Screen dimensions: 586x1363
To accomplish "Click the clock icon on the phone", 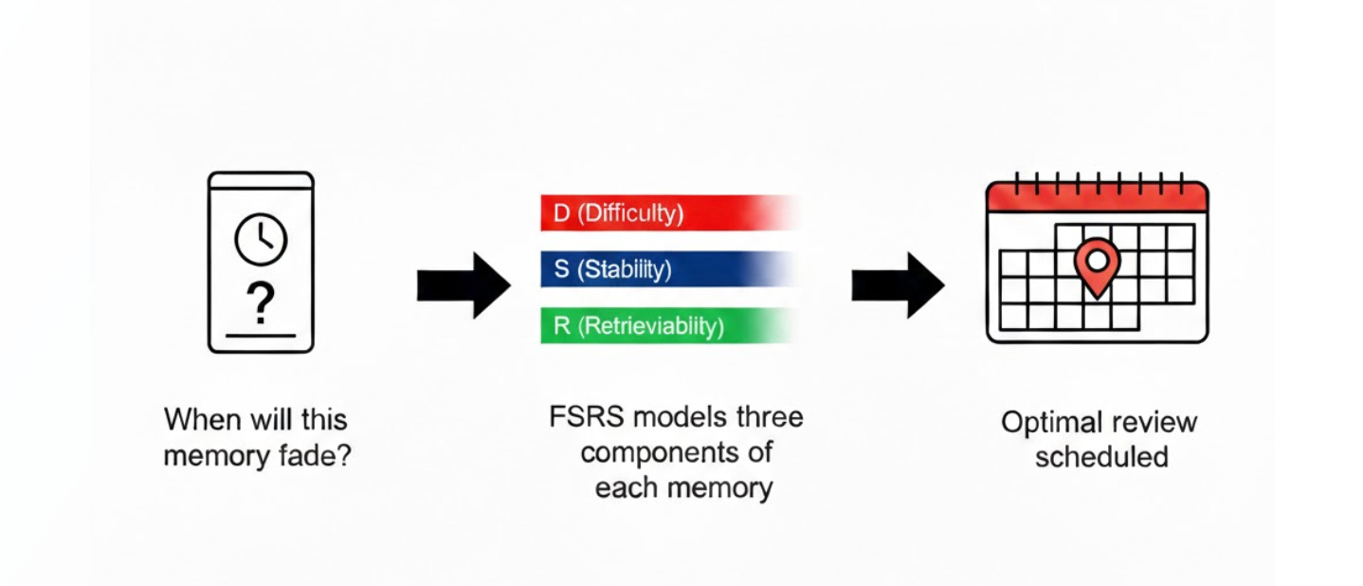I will point(261,239).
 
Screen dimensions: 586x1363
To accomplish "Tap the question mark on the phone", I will point(260,303).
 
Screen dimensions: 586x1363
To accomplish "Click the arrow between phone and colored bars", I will point(463,284).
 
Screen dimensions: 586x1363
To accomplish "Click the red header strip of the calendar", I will point(1097,197).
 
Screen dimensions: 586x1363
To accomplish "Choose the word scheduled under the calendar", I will point(1100,457).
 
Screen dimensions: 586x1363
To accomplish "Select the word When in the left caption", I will point(199,419).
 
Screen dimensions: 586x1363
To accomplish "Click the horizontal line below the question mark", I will point(261,335).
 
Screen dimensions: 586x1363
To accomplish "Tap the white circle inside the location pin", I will point(1097,259).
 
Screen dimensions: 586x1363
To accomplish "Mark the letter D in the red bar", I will point(561,213).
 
